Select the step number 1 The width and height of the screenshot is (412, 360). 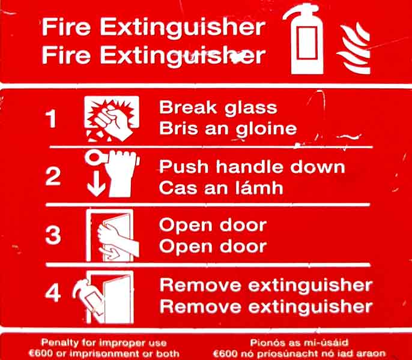pos(50,119)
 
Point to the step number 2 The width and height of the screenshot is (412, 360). pos(53,176)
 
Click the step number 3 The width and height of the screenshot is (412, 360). pos(53,235)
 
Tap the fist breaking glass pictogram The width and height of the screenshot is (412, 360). pos(112,119)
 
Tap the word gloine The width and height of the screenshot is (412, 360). pos(266,130)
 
